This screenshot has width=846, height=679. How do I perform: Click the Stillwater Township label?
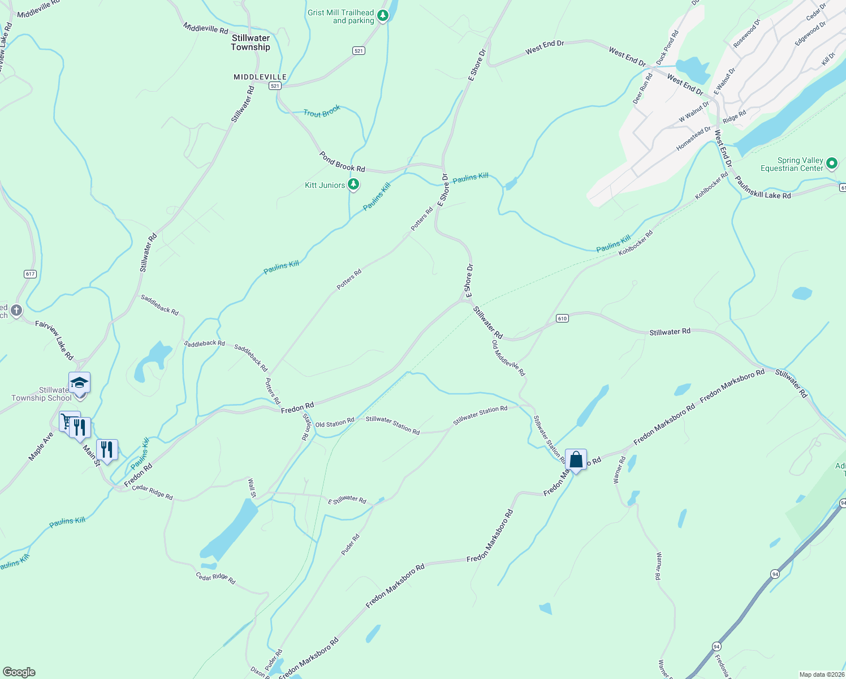pos(251,42)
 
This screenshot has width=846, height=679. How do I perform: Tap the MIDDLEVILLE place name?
pos(260,77)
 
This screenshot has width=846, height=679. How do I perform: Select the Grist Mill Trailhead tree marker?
pos(383,15)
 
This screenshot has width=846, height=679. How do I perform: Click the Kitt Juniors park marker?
pos(353,184)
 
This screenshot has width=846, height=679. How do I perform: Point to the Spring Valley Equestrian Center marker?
pos(831,164)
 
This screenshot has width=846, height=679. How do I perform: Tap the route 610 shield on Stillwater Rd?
pos(562,319)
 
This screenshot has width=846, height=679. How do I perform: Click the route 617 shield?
pos(31,274)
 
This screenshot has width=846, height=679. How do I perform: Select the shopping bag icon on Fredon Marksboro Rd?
pos(576,459)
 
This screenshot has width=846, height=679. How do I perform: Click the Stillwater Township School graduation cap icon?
pos(79,383)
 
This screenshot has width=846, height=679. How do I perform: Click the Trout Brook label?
pos(322,111)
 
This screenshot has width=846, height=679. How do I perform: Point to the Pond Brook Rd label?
pos(342,162)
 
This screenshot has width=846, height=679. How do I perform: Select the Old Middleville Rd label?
pos(508,358)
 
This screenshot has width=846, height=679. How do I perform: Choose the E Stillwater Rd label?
pos(347,499)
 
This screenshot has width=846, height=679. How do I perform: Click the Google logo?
pos(19,672)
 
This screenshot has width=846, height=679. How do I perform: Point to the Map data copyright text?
pos(821,674)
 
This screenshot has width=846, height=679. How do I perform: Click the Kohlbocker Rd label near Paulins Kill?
pos(635,243)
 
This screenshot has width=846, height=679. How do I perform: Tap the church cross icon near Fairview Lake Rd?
pos(16,310)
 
